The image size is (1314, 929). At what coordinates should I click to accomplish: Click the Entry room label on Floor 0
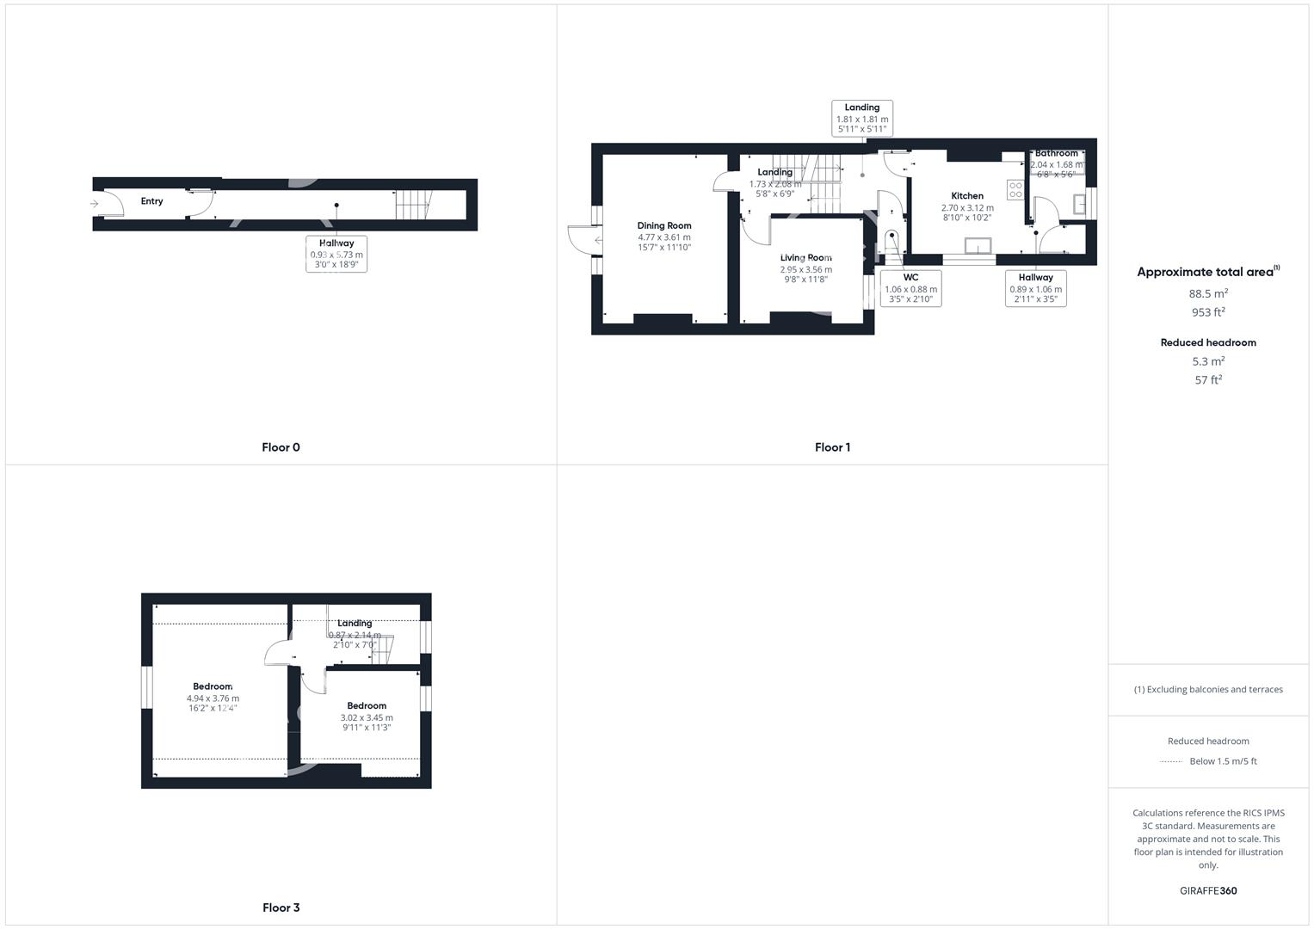pos(151,201)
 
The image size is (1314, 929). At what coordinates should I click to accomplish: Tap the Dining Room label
pos(663,226)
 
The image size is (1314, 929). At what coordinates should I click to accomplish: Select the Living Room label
pos(805,258)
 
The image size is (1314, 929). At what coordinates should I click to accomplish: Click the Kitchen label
pos(966,196)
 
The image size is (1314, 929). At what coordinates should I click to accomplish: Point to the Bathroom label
pos(1056,154)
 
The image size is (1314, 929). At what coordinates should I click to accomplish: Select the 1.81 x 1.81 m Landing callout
pos(861,119)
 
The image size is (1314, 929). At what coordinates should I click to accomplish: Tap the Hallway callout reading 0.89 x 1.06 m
pos(1035,289)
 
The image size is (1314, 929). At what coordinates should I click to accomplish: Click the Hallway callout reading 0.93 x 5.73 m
pos(336,255)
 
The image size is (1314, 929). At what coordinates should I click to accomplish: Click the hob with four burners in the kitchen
pos(1015,190)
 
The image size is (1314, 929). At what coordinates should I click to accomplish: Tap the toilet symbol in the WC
pos(891,238)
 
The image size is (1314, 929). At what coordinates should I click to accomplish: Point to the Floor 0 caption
pos(281,447)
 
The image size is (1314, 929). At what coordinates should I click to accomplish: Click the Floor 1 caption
pos(832,447)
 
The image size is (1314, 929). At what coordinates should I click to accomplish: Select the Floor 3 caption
pos(281,907)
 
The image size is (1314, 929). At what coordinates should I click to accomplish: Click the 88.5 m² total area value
pos(1208,293)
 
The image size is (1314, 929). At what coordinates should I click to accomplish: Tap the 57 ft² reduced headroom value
pos(1208,379)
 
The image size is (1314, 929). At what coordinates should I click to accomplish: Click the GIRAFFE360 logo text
pos(1208,891)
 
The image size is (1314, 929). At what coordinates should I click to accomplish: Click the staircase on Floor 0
pos(411,205)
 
